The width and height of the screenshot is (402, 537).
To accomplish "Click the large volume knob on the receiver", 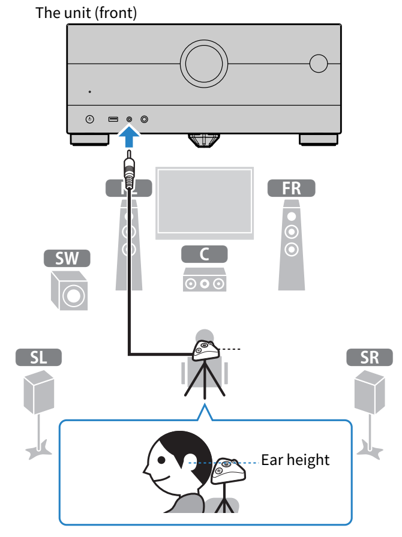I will point(204,64).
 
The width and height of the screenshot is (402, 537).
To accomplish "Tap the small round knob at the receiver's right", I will point(319,64).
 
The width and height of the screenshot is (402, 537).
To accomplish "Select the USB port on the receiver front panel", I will point(113,119).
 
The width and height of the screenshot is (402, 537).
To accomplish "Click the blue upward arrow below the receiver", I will point(129,137).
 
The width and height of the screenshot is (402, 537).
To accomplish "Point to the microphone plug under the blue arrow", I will point(128,171).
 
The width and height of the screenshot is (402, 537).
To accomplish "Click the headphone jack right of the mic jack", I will point(144,119).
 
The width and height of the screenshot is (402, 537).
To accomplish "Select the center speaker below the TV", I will point(205,280).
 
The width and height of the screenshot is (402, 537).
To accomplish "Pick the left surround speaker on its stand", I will point(39,392).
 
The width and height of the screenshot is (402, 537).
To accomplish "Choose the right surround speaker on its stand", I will point(369,392).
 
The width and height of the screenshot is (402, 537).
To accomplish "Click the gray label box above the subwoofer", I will point(67,259).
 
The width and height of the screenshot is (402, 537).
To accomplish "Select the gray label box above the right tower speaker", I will point(291,188).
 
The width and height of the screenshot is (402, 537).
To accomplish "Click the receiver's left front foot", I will point(89,139).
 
